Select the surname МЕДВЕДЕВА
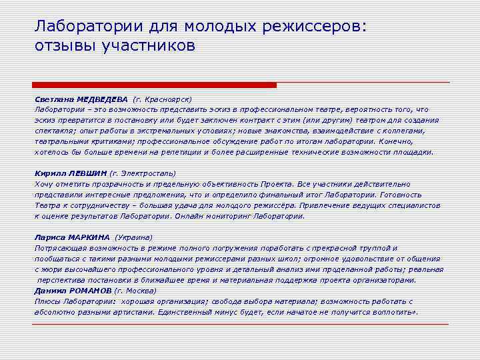point(102,98)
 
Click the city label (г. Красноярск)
point(163,98)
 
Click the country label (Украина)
point(134,237)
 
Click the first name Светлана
point(54,98)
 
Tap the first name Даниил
point(48,290)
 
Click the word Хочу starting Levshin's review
point(43,183)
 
